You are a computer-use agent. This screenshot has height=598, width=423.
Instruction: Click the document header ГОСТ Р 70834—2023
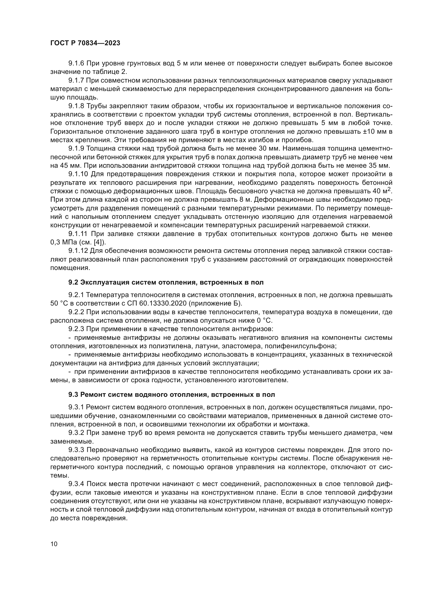coord(85,43)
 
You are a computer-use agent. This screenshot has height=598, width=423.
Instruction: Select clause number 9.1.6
coord(76,63)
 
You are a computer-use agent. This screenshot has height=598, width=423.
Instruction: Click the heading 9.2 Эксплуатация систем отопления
coord(166,282)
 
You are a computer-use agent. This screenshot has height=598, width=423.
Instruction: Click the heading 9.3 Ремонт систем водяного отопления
coord(172,394)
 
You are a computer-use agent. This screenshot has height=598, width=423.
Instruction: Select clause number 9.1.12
coord(78,251)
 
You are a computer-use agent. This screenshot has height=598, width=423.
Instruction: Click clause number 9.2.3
coord(76,329)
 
